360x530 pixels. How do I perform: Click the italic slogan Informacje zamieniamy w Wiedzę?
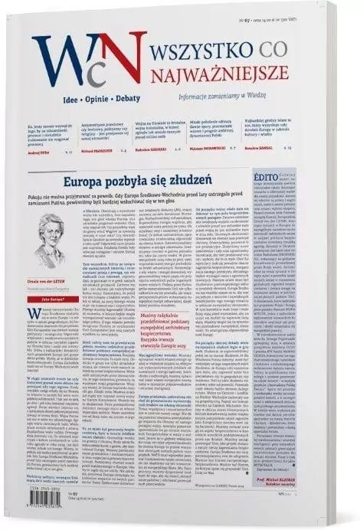[x=218, y=96]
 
